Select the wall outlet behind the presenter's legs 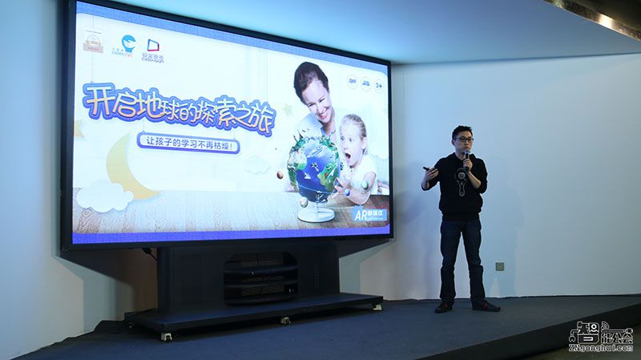point(499,265)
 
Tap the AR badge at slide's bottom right point(370,215)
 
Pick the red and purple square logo point(152,46)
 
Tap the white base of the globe point(314,215)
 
